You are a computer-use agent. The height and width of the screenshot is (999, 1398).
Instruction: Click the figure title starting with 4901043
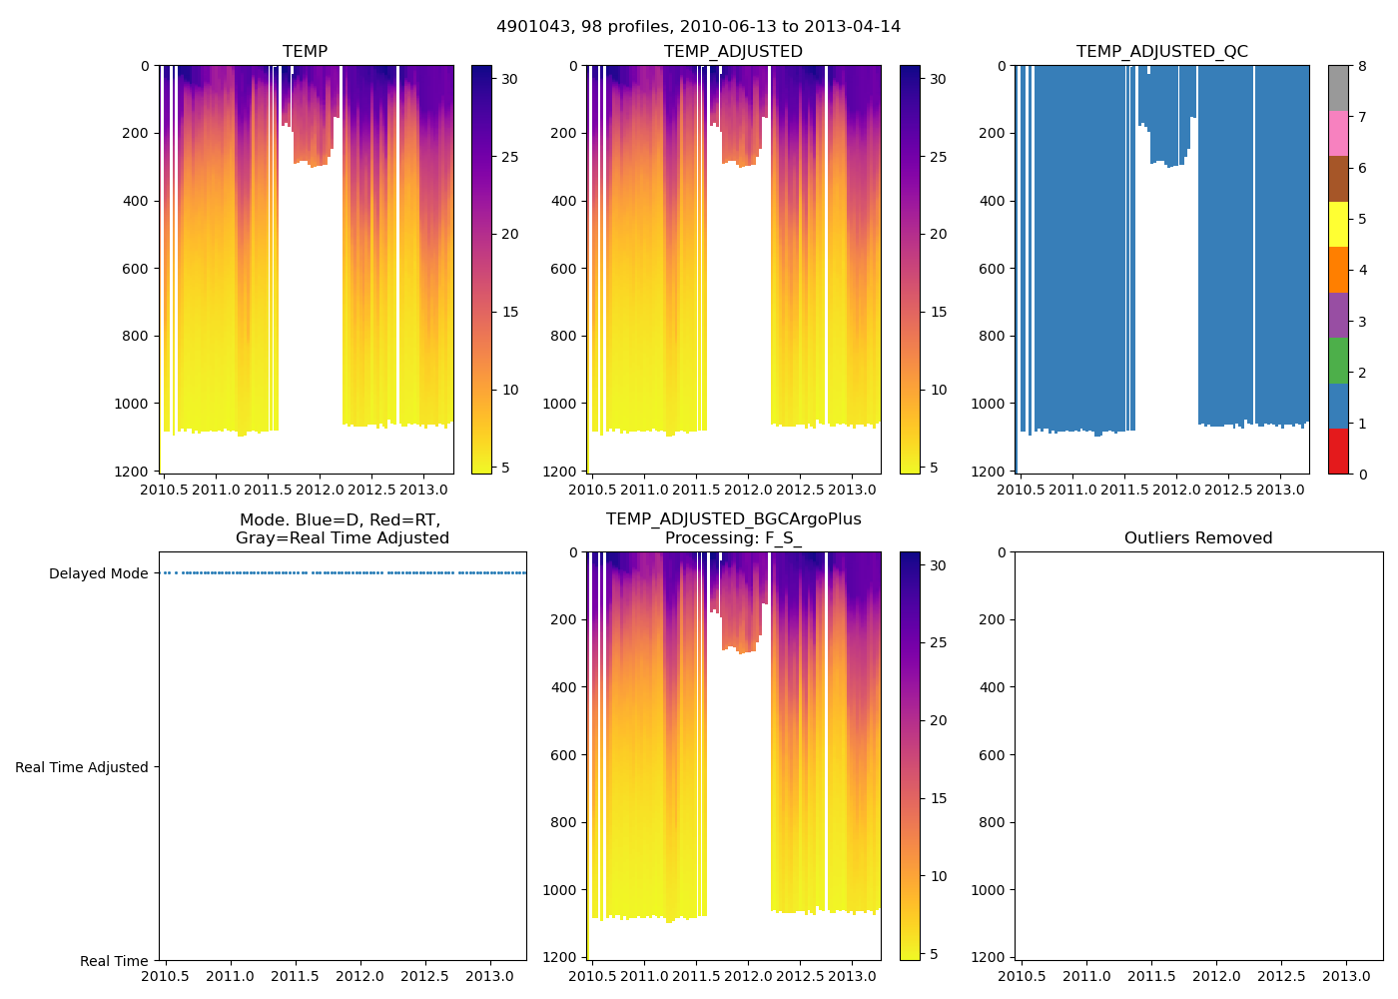698,27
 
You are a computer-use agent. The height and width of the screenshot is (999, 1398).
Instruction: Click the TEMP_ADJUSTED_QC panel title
1161,52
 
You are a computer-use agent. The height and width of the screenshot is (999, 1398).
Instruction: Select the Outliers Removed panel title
1198,538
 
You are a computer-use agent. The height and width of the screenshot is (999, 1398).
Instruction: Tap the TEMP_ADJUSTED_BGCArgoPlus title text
733,519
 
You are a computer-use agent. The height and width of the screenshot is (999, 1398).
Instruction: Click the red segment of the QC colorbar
1338,452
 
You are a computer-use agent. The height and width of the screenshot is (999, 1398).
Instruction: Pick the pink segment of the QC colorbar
1338,133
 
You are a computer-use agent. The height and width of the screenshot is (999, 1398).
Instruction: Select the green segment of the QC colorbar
1338,360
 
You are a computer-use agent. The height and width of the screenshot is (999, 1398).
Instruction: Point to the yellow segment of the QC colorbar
1338,224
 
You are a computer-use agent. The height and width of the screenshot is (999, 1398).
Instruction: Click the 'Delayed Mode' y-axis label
98,573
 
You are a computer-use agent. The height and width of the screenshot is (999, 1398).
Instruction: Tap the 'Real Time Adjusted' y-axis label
82,767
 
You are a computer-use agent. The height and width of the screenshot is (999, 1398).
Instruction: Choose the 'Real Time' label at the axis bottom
114,961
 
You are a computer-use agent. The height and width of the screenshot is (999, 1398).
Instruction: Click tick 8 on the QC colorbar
1362,66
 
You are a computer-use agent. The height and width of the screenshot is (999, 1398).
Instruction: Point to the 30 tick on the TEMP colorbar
509,79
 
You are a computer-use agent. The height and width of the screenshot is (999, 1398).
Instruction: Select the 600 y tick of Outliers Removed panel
991,755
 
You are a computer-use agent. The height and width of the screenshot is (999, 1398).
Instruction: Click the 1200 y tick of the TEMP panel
133,472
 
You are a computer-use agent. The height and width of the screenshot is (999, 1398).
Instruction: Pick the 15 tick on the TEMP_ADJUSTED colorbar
938,312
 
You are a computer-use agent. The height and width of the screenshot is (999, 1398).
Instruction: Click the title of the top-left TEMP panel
305,52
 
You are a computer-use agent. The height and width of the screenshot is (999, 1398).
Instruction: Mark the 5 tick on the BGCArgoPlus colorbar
934,954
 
